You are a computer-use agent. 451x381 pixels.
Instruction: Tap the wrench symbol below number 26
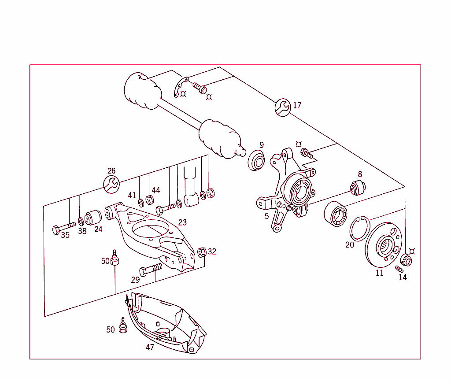click(x=111, y=184)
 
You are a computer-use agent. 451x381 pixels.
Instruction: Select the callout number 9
click(x=262, y=144)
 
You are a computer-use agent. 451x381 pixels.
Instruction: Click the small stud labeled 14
click(x=399, y=269)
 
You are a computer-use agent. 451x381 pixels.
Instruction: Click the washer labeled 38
click(x=81, y=220)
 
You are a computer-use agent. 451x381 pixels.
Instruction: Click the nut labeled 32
click(x=202, y=252)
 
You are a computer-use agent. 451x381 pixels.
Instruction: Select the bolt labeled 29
click(x=150, y=269)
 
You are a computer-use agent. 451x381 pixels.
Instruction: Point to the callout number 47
click(x=150, y=347)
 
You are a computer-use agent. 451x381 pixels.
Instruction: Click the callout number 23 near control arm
click(x=182, y=222)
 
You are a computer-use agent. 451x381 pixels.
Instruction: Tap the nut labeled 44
click(x=149, y=200)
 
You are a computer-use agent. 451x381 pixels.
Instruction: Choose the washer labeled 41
click(x=141, y=202)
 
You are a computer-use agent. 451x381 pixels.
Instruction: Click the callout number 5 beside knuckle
click(x=266, y=216)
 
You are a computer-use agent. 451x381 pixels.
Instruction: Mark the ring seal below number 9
click(x=257, y=160)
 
